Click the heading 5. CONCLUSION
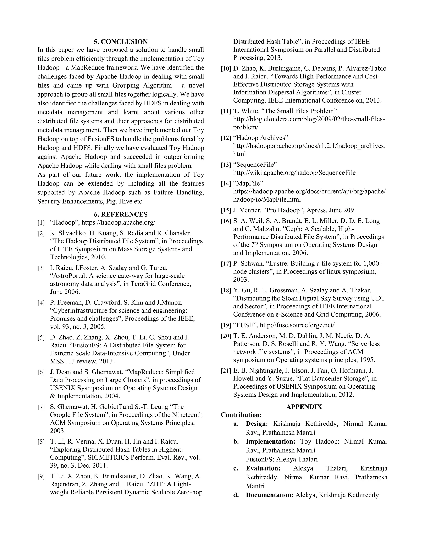pos(121,42)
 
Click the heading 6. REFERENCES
pos(121,214)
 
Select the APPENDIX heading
pos(304,407)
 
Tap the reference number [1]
pos(41,223)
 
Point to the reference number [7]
pos(41,407)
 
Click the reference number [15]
pos(226,210)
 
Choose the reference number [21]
pos(226,371)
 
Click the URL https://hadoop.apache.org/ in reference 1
pos(118,223)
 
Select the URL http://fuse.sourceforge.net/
pos(297,325)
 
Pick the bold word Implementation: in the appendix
pos(270,441)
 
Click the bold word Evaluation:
pos(263,468)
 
